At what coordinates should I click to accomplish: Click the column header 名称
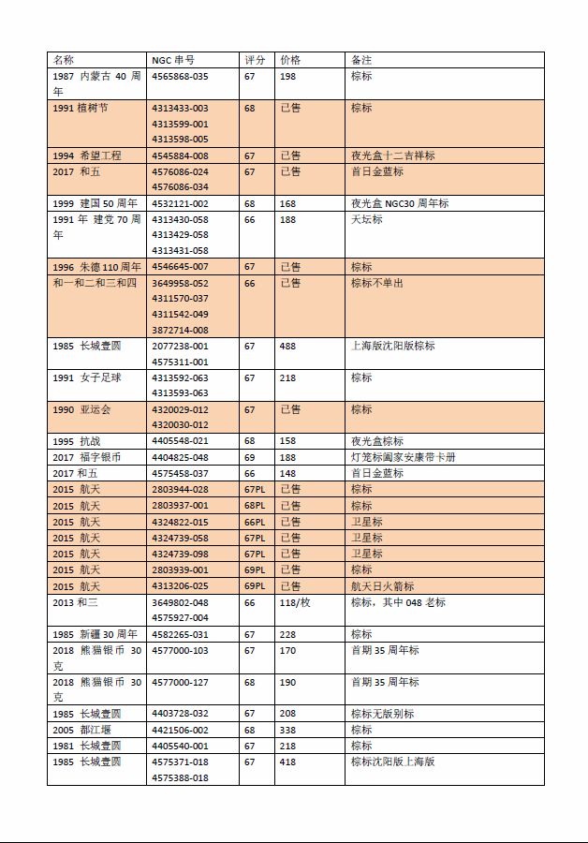(x=63, y=60)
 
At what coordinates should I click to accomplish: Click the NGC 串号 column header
(x=173, y=60)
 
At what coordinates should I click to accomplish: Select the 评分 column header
(x=255, y=60)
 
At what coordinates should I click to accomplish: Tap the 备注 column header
(x=361, y=60)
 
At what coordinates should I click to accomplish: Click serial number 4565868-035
(x=180, y=76)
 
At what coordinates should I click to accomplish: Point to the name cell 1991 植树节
(x=81, y=108)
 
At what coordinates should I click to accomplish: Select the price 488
(x=287, y=346)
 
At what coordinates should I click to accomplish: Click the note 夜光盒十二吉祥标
(x=392, y=155)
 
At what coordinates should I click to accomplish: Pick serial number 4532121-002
(x=180, y=203)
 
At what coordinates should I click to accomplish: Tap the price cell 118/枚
(x=295, y=602)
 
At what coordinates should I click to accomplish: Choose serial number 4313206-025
(x=180, y=586)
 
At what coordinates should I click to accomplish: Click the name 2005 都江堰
(x=80, y=730)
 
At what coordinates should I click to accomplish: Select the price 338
(x=287, y=730)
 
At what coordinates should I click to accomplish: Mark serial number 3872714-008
(x=180, y=330)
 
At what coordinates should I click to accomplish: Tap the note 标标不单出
(x=377, y=283)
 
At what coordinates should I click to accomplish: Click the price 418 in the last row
(x=287, y=762)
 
